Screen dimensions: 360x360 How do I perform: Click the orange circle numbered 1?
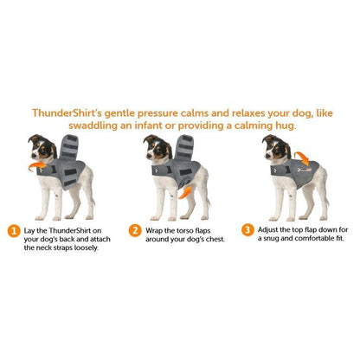(x=14, y=231)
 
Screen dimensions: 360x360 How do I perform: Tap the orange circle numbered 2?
(x=135, y=231)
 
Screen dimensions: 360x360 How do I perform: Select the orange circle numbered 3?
(x=247, y=230)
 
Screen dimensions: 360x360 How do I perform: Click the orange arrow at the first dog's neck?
(x=37, y=166)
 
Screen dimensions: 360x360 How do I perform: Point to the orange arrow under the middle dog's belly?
(x=184, y=192)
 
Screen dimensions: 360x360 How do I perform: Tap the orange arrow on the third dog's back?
(x=302, y=158)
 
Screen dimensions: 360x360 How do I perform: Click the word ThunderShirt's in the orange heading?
(x=67, y=112)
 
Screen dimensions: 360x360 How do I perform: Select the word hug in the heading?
(x=286, y=125)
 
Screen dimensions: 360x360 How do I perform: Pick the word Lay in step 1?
(x=29, y=231)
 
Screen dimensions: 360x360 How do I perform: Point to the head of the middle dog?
(x=157, y=147)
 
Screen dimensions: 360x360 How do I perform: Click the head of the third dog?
(x=276, y=146)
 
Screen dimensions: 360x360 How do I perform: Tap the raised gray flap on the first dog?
(x=69, y=146)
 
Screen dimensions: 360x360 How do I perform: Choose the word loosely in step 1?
(x=87, y=248)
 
